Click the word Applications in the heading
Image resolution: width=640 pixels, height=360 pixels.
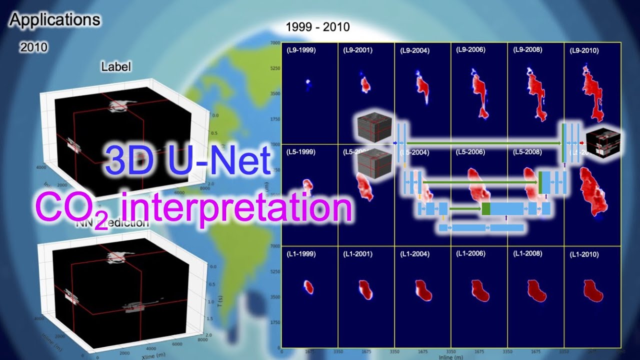[55, 20]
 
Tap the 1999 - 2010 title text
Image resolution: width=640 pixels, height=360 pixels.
[317, 27]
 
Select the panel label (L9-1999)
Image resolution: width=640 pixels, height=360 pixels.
[301, 50]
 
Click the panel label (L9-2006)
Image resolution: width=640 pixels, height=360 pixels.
[470, 49]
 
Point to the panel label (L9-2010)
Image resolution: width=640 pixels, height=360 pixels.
[584, 50]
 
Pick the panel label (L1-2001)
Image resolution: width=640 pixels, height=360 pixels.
[357, 254]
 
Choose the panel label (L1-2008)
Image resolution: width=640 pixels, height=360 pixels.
[527, 253]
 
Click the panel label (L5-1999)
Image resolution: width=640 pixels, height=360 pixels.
[301, 152]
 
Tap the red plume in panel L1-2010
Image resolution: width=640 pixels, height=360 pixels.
[592, 290]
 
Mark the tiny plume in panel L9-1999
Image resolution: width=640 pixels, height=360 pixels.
[308, 83]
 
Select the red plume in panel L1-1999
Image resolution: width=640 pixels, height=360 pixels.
[309, 287]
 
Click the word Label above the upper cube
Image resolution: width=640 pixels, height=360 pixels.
[116, 66]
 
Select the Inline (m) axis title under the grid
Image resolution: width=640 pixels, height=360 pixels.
[451, 357]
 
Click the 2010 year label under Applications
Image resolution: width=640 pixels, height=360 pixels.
[34, 47]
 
